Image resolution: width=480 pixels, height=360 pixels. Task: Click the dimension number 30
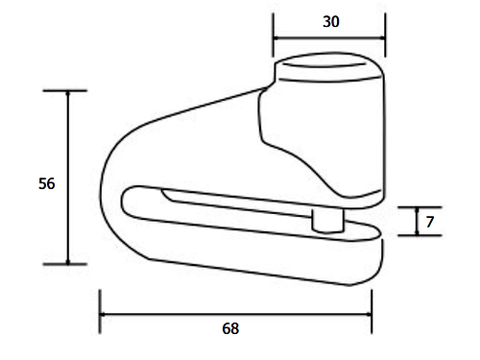coord(331,22)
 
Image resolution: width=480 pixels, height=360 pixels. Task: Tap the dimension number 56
coord(47,183)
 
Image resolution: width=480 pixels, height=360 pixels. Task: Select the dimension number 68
coord(230,328)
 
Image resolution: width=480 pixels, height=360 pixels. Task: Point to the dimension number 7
coord(430,222)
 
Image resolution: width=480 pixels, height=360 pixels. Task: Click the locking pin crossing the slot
coord(327,220)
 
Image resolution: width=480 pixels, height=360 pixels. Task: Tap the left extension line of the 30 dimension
coord(273,35)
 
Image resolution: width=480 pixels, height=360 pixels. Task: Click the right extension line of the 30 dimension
coord(385,35)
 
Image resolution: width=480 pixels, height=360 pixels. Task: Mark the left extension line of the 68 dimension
coord(100,312)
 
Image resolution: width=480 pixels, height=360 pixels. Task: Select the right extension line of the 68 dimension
coord(372,312)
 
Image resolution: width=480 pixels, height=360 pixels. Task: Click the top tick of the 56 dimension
coord(65,90)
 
